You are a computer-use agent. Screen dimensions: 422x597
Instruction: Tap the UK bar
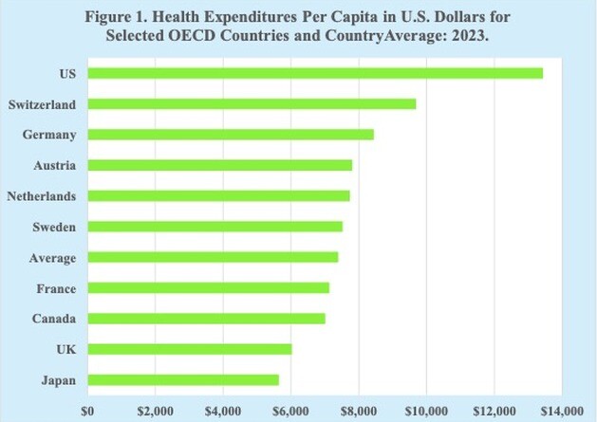click(x=189, y=349)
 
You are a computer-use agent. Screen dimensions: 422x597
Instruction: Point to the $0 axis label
click(x=87, y=410)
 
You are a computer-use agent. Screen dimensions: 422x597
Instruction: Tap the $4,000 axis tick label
click(x=223, y=410)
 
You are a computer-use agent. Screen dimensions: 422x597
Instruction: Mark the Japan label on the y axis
click(x=59, y=380)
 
